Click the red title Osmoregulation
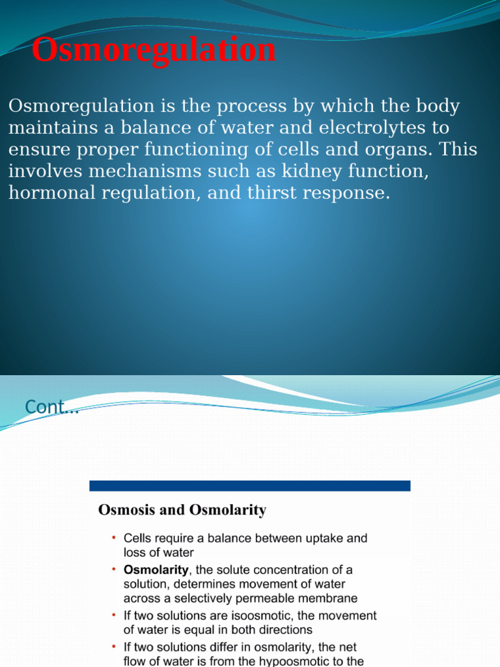154,51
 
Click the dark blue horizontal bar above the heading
249,486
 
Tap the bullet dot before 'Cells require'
113,538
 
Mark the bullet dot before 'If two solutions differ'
113,647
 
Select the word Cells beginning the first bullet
137,539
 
